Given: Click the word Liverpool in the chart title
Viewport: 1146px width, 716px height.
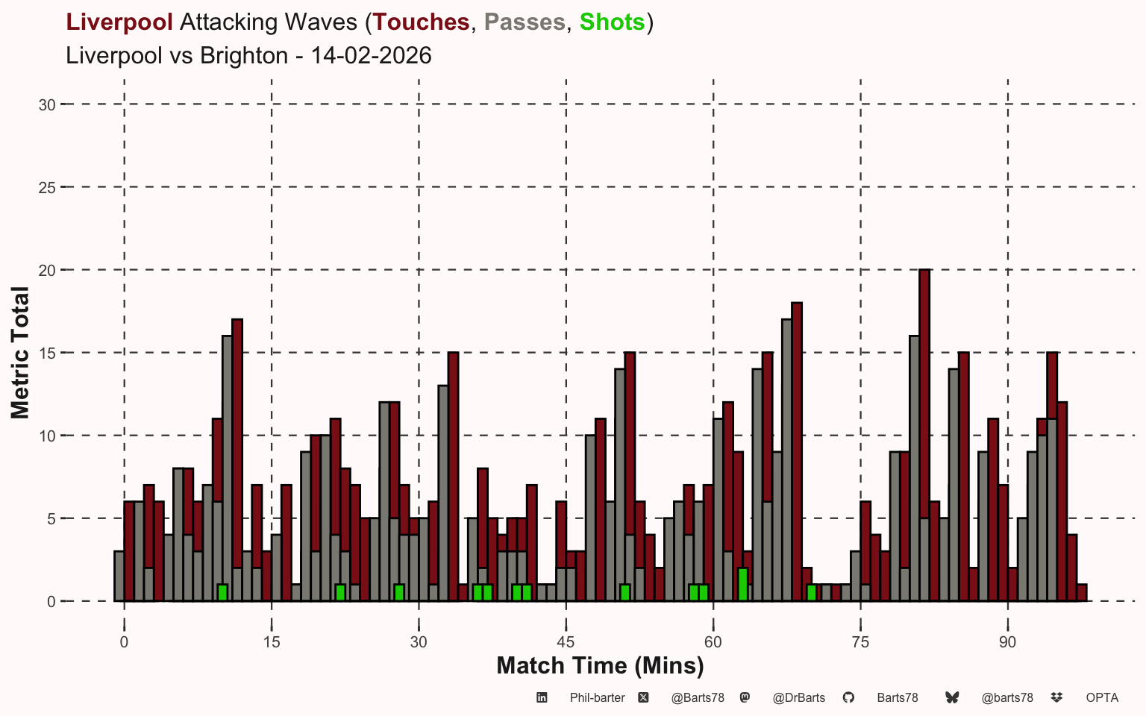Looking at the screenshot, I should click(119, 22).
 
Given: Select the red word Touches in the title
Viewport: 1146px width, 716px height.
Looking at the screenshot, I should click(422, 22).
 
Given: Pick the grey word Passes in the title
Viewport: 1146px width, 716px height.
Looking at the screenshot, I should click(525, 22).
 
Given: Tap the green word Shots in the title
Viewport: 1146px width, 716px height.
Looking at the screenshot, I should click(612, 22).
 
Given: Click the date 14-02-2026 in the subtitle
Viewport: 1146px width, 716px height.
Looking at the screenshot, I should click(371, 56).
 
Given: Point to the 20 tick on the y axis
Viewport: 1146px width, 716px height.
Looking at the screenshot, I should click(47, 270).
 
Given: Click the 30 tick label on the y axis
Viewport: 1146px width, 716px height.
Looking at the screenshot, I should click(47, 104).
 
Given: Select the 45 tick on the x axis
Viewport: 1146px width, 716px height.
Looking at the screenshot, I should click(566, 643).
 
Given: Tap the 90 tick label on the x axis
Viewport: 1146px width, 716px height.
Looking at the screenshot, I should click(1008, 643).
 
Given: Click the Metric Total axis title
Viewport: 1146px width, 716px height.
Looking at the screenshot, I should click(20, 353).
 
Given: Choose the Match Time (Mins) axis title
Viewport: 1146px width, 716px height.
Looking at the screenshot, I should click(600, 666).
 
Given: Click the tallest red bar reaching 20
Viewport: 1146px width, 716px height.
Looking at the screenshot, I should click(924, 433).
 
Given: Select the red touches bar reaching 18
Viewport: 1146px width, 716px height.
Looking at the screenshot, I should click(797, 447).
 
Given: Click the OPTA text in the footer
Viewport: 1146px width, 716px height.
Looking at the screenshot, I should click(1102, 698).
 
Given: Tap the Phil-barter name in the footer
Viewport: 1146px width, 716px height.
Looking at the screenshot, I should click(597, 698).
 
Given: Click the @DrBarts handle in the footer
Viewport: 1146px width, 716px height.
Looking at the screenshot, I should click(798, 698).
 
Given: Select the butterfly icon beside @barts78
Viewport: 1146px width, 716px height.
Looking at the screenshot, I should click(952, 697).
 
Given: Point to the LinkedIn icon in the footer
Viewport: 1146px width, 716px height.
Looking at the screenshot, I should click(542, 697).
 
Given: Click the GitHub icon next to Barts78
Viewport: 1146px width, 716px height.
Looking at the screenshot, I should click(848, 697).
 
